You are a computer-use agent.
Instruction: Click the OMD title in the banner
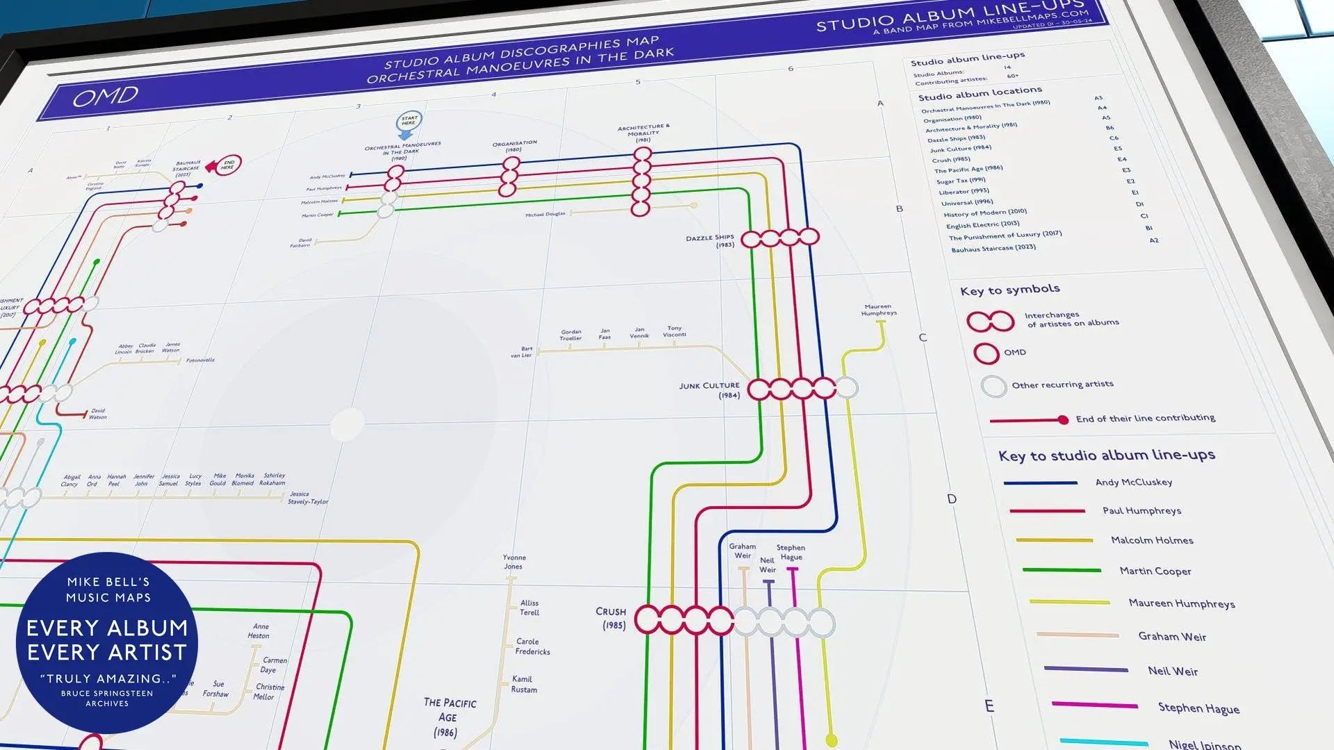(106, 97)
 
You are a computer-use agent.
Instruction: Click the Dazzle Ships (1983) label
(710, 241)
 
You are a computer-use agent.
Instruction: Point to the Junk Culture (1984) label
(710, 390)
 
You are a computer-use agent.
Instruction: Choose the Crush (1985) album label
(610, 618)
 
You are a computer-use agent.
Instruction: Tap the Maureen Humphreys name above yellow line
(878, 310)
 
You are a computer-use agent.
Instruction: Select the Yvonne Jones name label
(514, 562)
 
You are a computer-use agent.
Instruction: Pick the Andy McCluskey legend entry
(1133, 482)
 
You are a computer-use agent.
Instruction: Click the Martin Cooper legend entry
(1155, 571)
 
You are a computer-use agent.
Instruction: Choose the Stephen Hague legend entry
(1198, 708)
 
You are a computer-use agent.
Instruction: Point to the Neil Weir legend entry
(1172, 671)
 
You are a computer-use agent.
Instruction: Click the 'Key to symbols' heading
(1009, 290)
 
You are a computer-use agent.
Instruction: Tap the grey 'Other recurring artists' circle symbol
(993, 386)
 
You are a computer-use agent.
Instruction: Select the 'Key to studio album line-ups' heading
(1106, 455)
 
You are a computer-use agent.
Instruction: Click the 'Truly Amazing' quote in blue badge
(108, 678)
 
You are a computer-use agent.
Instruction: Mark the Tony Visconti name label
(674, 332)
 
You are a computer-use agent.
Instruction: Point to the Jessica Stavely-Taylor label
(307, 498)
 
